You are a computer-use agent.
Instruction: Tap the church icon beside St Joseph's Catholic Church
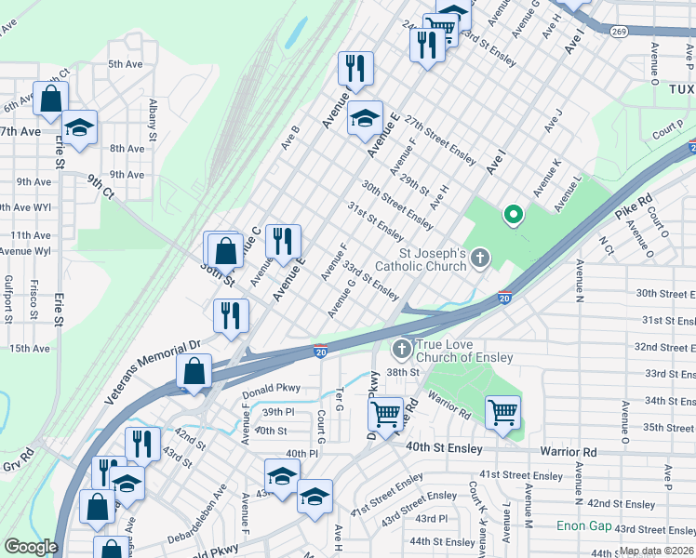[480, 258]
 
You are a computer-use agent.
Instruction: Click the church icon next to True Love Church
[402, 350]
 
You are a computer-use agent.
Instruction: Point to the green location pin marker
[512, 217]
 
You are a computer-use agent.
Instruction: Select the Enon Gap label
[584, 526]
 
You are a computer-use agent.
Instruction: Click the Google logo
[30, 547]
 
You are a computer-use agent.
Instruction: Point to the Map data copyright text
[656, 551]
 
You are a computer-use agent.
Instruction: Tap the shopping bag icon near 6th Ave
[50, 99]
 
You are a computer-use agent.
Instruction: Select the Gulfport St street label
[7, 297]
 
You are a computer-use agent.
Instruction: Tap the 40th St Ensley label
[445, 448]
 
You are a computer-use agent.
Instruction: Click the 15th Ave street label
[30, 349]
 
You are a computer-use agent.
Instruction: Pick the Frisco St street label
[33, 297]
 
